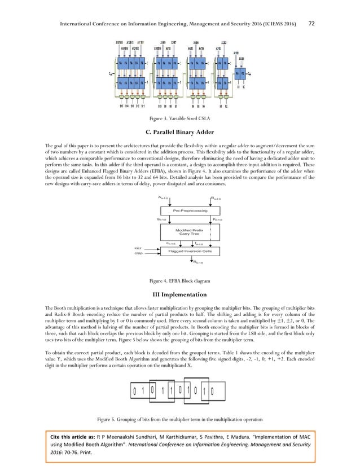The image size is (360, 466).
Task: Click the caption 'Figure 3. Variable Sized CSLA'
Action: (180, 119)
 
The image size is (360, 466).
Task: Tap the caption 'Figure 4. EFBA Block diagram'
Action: (179, 280)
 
